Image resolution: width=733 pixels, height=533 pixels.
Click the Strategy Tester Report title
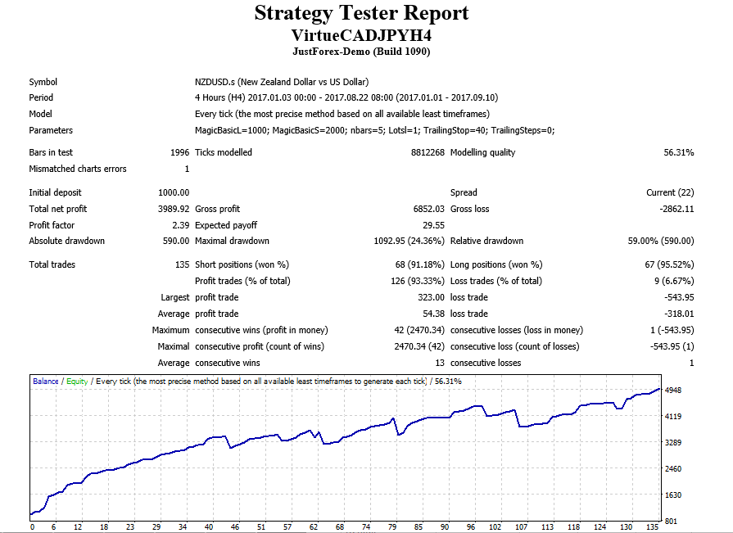[x=361, y=14]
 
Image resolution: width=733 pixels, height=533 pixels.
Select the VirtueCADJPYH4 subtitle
[x=361, y=35]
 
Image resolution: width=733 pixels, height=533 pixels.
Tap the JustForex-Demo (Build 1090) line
[x=361, y=52]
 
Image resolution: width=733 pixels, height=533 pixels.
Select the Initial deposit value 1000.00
[x=173, y=192]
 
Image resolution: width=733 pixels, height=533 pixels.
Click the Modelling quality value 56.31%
[x=678, y=152]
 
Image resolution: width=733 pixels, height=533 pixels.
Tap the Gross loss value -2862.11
[x=676, y=209]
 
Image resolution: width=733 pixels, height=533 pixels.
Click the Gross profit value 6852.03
[x=428, y=209]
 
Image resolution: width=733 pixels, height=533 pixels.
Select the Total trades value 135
[x=182, y=264]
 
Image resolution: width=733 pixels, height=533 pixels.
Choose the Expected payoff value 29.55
[x=433, y=225]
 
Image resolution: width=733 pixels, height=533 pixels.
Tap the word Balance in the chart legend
[x=46, y=381]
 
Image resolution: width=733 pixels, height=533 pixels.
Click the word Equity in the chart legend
[x=76, y=381]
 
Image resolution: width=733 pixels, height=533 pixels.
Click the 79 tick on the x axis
[x=392, y=527]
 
